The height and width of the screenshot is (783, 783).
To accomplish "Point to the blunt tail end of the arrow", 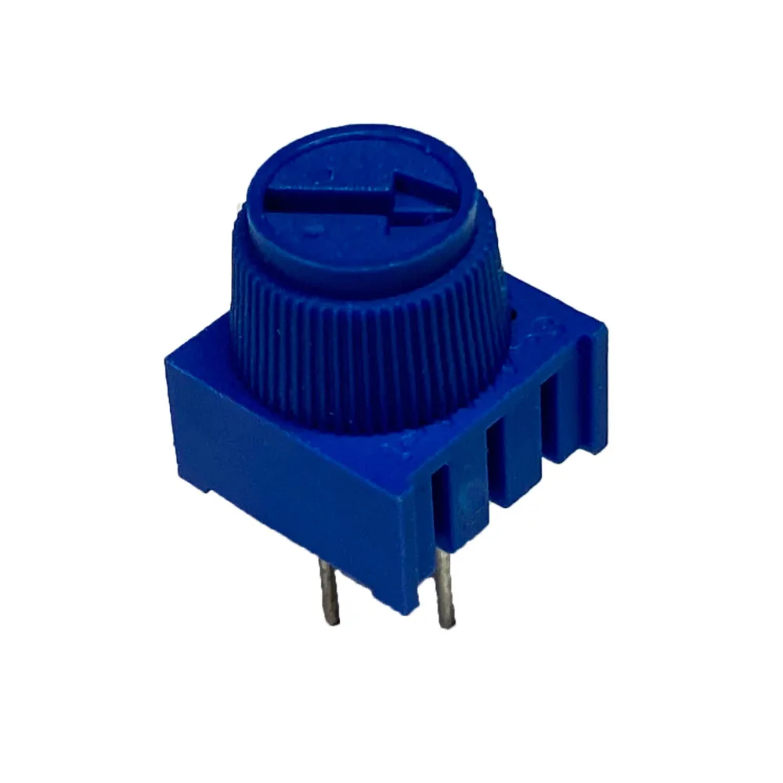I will coord(271,197).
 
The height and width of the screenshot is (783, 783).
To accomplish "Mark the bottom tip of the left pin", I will coord(334,622).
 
